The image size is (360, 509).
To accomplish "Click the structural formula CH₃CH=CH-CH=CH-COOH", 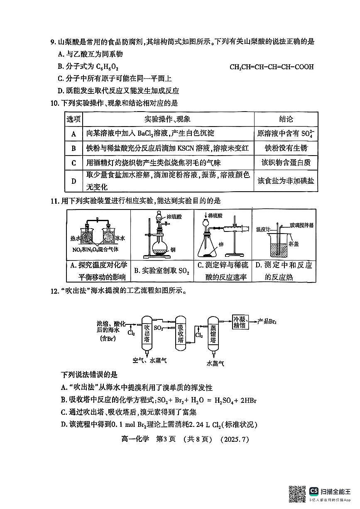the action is click(x=272, y=67).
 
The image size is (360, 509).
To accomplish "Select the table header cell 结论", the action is click(x=286, y=119).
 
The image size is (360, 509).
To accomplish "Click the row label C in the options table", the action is click(x=74, y=163).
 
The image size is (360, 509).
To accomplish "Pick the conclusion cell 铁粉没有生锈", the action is click(x=286, y=148).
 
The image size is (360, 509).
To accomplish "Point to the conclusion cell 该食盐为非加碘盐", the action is click(x=286, y=181).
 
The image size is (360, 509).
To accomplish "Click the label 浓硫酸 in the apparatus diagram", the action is click(x=174, y=216).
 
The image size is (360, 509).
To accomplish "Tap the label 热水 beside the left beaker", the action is click(x=75, y=238).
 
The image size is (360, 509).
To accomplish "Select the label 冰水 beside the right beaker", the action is click(x=120, y=238).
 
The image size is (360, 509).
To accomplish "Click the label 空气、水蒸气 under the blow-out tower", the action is click(x=150, y=360).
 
